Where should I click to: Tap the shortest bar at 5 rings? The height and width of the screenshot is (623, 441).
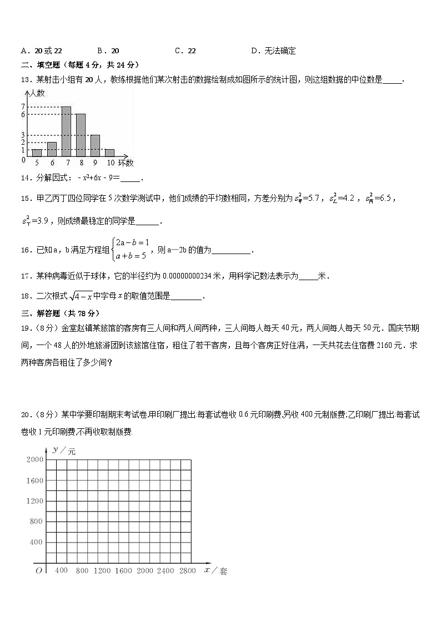click(37, 153)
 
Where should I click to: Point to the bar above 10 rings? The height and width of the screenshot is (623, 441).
click(109, 153)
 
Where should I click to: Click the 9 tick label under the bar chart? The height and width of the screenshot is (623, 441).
click(95, 163)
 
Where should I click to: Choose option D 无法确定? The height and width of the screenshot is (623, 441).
click(273, 51)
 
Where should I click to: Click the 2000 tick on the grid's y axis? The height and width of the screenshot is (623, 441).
click(34, 460)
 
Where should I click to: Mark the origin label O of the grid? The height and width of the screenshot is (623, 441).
click(38, 570)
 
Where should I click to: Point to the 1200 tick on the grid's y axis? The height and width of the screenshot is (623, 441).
click(34, 501)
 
